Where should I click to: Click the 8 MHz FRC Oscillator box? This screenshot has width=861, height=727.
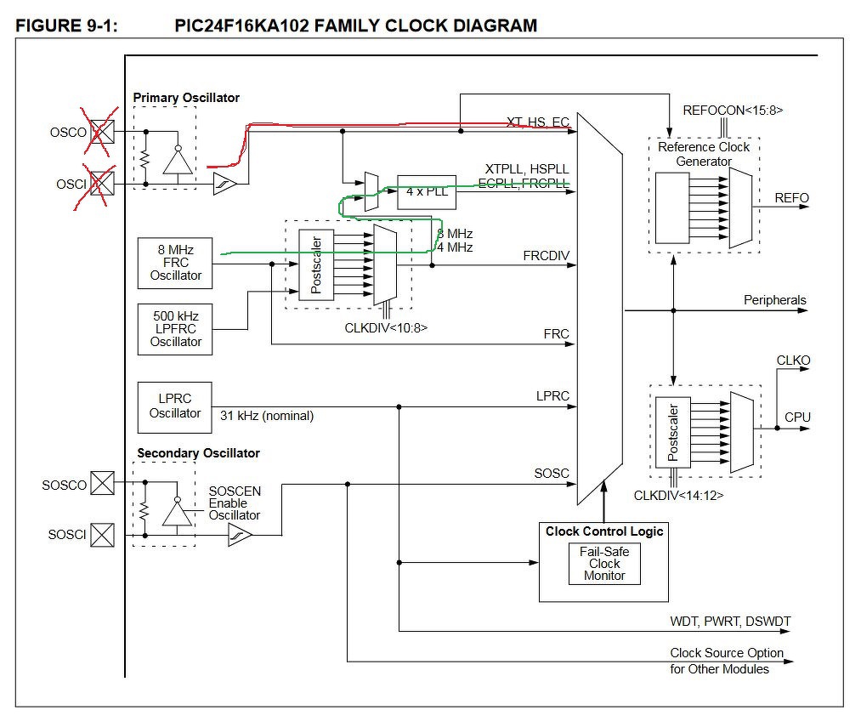click(175, 263)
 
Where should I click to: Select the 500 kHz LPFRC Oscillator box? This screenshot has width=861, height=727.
click(175, 328)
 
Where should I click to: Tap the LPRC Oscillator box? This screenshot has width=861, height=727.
click(174, 406)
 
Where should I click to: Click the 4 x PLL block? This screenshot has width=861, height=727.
click(427, 191)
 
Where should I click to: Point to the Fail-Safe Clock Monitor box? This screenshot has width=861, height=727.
click(604, 564)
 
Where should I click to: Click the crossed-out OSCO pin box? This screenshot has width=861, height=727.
click(102, 133)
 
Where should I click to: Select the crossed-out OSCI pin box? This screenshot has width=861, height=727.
click(102, 183)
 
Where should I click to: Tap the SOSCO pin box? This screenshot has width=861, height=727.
click(102, 485)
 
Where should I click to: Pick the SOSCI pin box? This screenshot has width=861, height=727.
click(102, 535)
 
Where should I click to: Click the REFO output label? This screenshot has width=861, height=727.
click(791, 198)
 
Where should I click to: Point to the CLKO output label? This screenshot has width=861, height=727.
click(793, 361)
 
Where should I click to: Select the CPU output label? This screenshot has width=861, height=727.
click(797, 417)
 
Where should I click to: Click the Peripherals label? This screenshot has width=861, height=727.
click(774, 300)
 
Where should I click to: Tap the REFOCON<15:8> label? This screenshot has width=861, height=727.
click(733, 110)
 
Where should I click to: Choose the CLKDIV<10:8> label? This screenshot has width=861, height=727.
click(380, 325)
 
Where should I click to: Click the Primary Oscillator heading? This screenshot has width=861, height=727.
click(186, 98)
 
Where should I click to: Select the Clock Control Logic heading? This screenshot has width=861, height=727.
click(604, 531)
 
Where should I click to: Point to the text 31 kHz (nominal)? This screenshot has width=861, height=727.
click(267, 416)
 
